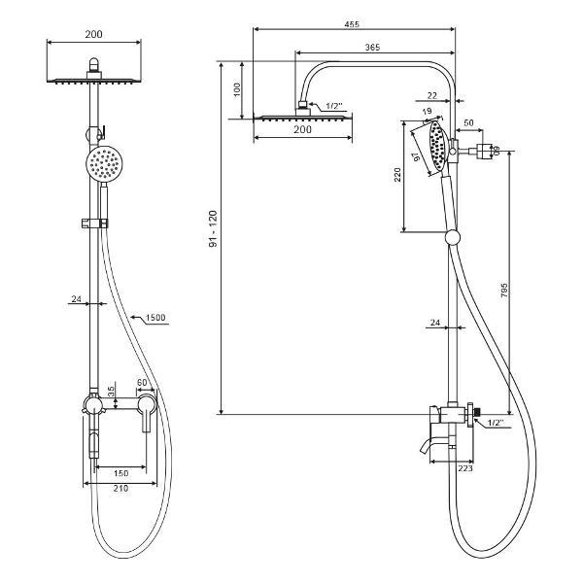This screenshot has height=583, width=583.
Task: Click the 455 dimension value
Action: (352, 24)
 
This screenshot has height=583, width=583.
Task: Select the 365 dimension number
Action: (372, 48)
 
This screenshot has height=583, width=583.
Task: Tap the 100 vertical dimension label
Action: (237, 90)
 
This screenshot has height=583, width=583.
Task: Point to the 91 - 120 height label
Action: (213, 228)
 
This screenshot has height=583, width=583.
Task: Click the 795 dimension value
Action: (503, 290)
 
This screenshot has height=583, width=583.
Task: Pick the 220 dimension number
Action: (397, 175)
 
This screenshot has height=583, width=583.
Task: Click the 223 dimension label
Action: (465, 468)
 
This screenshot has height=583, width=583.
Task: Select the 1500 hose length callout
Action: (155, 318)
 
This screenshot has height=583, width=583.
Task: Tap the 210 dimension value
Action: (120, 488)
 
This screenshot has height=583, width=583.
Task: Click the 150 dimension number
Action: (120, 473)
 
